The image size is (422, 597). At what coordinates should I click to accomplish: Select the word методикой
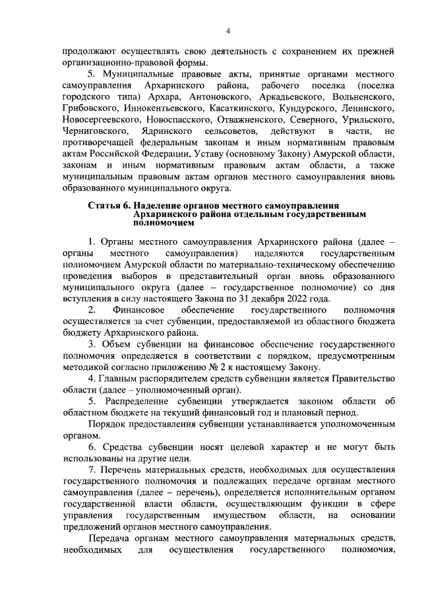(87, 368)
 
